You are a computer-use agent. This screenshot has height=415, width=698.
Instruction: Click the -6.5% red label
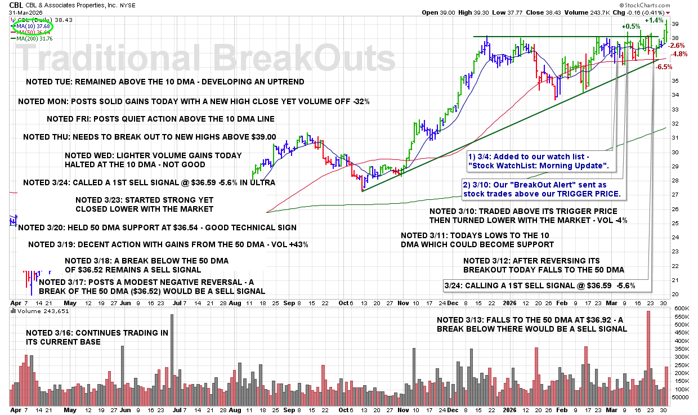[665, 66]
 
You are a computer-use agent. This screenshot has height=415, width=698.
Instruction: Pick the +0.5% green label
[631, 26]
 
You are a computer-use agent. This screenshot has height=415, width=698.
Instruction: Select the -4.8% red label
[680, 54]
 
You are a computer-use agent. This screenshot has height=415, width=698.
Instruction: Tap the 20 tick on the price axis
[674, 294]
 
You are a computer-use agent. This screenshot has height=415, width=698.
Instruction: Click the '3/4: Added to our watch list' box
[540, 161]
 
